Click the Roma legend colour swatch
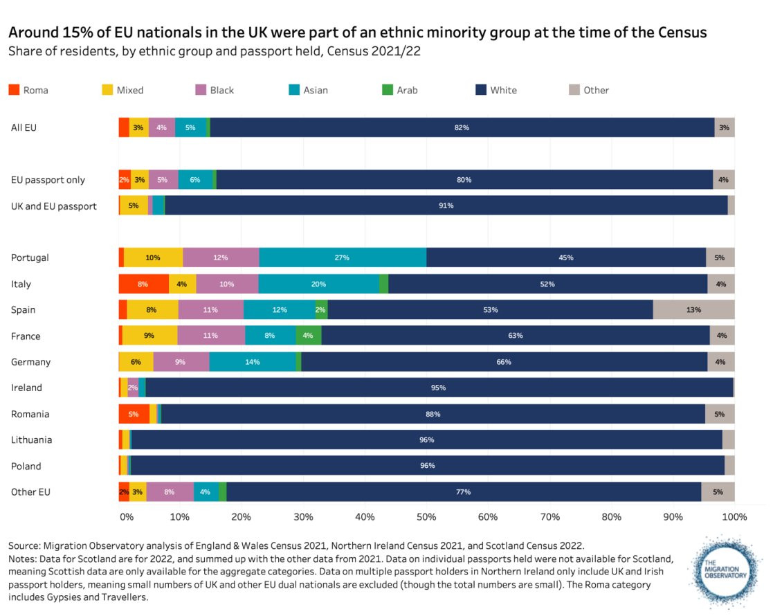(14, 90)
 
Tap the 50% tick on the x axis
(426, 516)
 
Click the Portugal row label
(30, 257)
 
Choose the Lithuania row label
(31, 440)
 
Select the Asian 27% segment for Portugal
(343, 257)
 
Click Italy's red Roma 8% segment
(143, 284)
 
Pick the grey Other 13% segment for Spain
(693, 309)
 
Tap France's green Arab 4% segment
(309, 336)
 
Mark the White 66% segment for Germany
(504, 362)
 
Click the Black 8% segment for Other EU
(170, 491)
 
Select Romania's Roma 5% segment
(134, 414)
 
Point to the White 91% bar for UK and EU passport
(446, 206)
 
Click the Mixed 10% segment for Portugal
(153, 257)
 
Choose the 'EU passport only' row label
(48, 180)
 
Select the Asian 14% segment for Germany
(252, 362)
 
